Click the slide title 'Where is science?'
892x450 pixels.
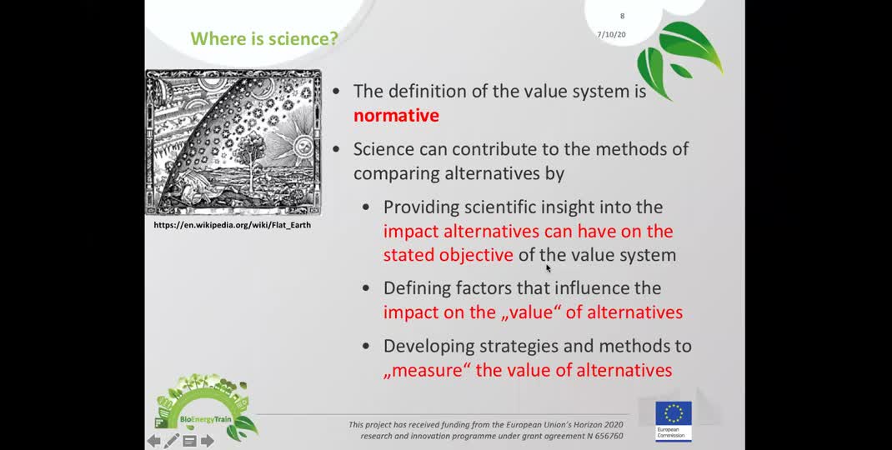click(x=264, y=38)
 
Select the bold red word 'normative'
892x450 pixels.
click(x=396, y=116)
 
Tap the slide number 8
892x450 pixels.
click(x=622, y=16)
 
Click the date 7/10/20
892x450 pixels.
click(x=612, y=35)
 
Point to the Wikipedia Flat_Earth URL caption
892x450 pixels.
click(x=232, y=225)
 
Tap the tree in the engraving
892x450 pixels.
click(x=248, y=152)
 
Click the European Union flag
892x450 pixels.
click(x=674, y=413)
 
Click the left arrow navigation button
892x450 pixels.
click(x=153, y=441)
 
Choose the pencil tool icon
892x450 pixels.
click(x=171, y=440)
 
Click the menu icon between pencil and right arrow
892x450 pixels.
click(x=189, y=441)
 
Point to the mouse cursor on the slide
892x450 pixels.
click(x=549, y=269)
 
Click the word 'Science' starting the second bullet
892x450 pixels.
click(x=384, y=149)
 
